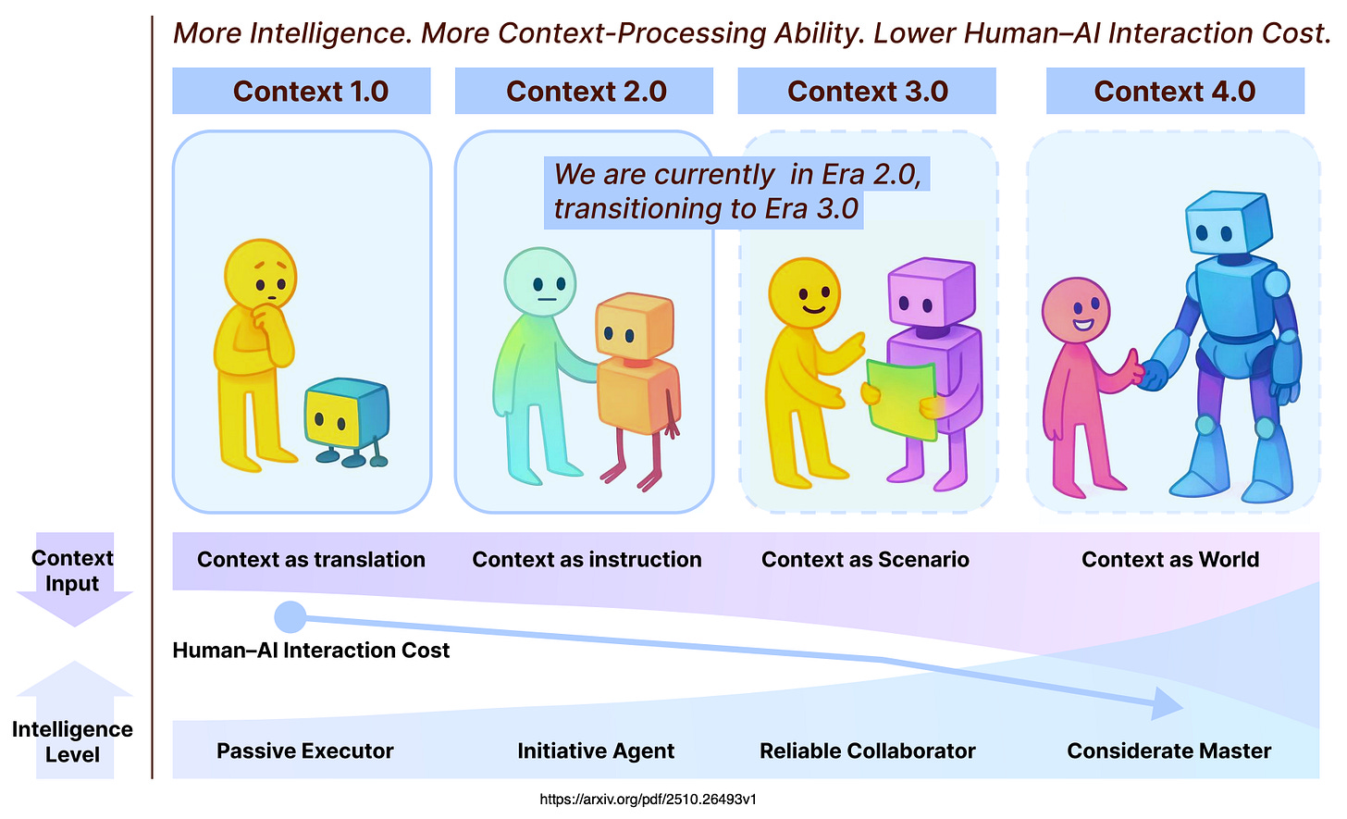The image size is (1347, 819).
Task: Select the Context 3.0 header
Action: [x=867, y=92]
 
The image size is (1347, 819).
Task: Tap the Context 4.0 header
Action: [x=1174, y=92]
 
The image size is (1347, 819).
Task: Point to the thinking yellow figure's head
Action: [x=260, y=272]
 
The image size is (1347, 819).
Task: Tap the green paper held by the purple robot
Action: [x=901, y=397]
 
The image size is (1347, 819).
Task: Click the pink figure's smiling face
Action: [x=1076, y=311]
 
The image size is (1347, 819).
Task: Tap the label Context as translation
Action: [x=311, y=560]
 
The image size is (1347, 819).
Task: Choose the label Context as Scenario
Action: [x=865, y=560]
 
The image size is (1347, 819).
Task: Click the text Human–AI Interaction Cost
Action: [x=311, y=651]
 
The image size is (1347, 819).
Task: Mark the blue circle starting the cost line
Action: [x=290, y=616]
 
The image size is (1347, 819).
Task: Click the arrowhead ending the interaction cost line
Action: [x=1168, y=704]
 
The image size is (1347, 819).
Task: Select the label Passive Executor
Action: [x=304, y=751]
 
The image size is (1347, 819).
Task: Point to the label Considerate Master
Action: [x=1168, y=751]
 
